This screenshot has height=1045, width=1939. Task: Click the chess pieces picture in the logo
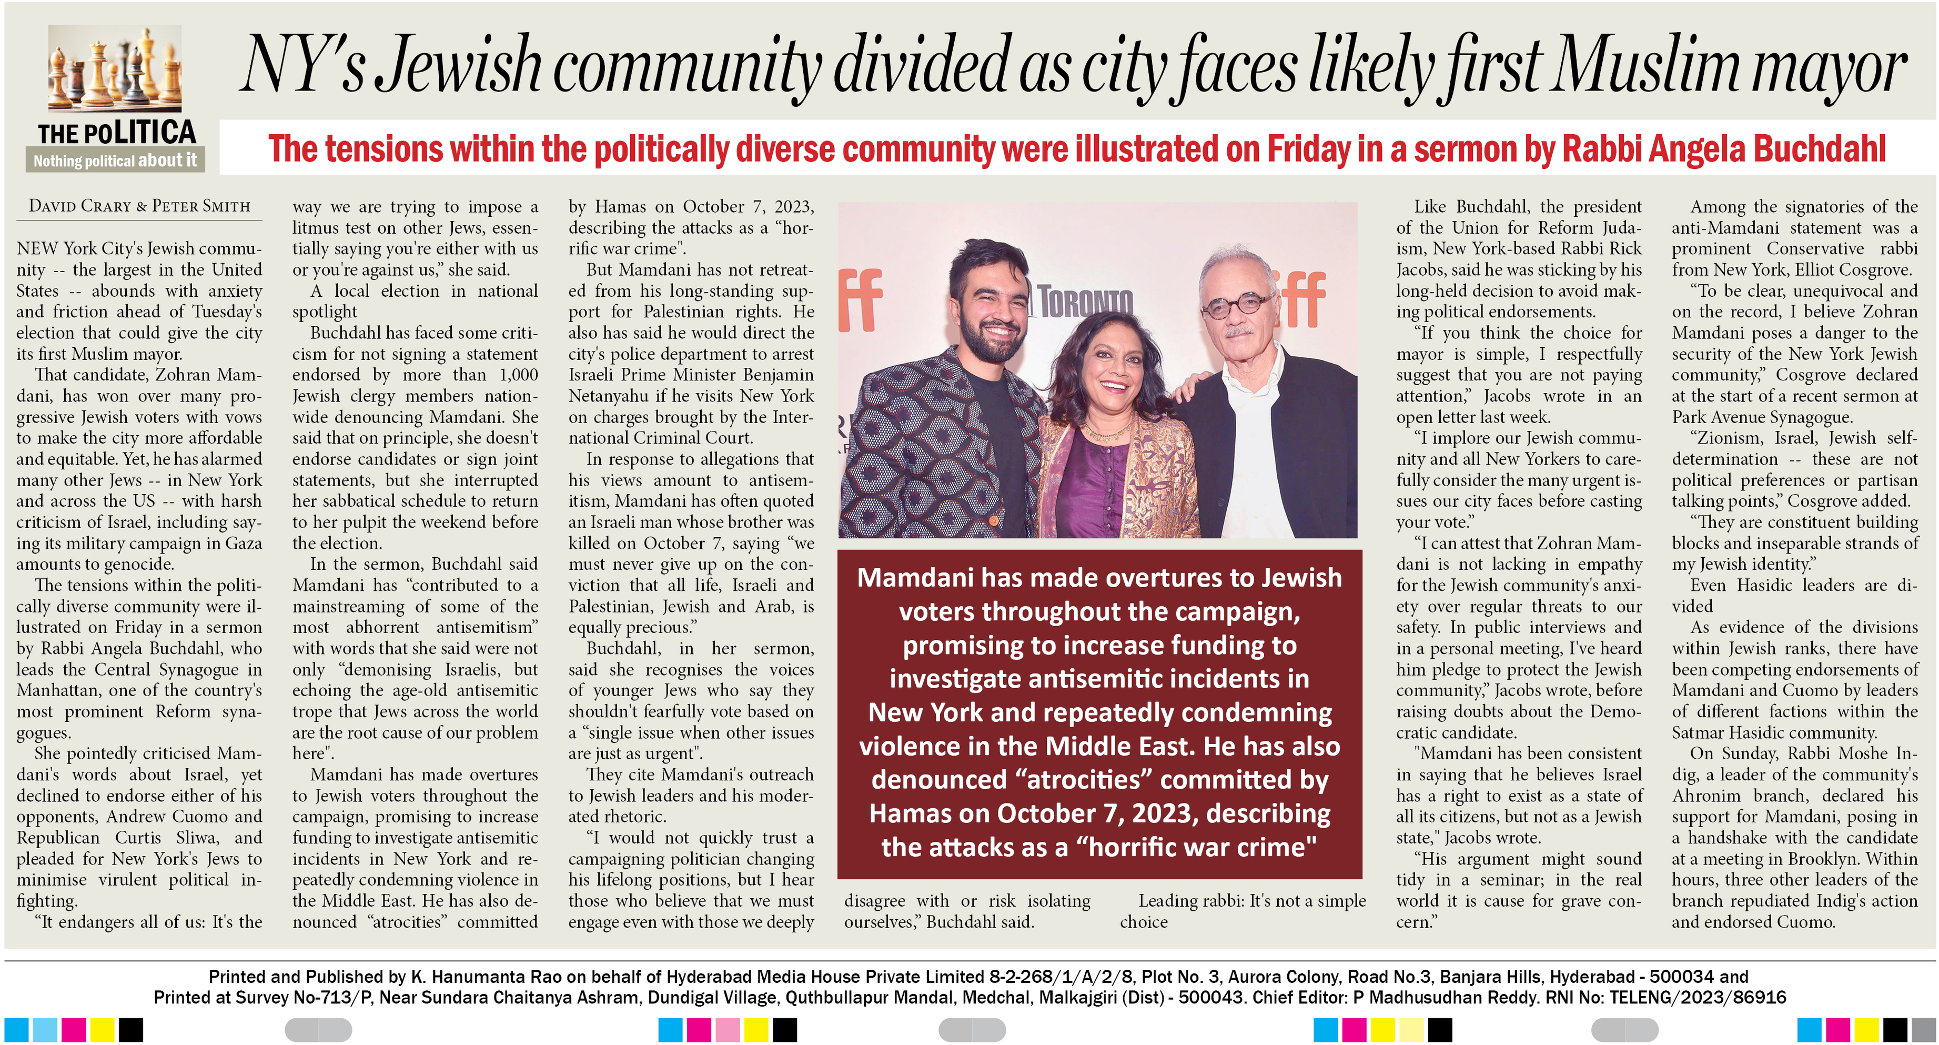click(x=115, y=69)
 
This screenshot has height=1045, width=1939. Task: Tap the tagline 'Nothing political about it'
click(x=115, y=160)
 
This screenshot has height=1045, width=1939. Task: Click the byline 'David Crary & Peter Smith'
click(x=139, y=206)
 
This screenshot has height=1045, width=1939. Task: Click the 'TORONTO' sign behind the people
click(x=1086, y=302)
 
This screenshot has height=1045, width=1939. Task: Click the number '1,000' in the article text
click(x=519, y=375)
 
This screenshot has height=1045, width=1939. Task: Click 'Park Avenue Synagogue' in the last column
click(x=1761, y=417)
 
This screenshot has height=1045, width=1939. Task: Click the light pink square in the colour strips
click(x=727, y=1029)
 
